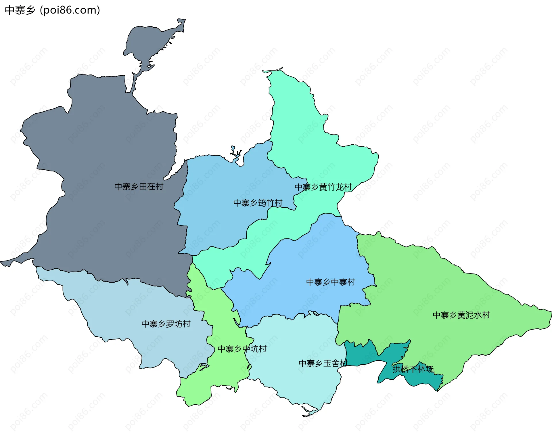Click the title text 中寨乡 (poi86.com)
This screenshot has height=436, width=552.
pyautogui.click(x=52, y=10)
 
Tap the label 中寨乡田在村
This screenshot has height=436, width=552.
pyautogui.click(x=139, y=187)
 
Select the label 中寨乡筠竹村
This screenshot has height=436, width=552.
pyautogui.click(x=258, y=203)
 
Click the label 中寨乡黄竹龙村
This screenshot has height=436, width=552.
pyautogui.click(x=323, y=187)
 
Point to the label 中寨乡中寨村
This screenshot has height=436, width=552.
pyautogui.click(x=331, y=282)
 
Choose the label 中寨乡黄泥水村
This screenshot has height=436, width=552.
pyautogui.click(x=461, y=315)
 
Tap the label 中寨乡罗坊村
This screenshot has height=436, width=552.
pyautogui.click(x=166, y=324)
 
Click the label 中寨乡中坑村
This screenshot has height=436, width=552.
pyautogui.click(x=242, y=349)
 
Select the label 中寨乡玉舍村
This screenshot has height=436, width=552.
pyautogui.click(x=323, y=364)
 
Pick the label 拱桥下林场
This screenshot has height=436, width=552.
pyautogui.click(x=413, y=369)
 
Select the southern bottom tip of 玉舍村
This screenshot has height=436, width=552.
pyautogui.click(x=308, y=414)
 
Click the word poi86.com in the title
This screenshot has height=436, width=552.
pyautogui.click(x=70, y=10)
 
